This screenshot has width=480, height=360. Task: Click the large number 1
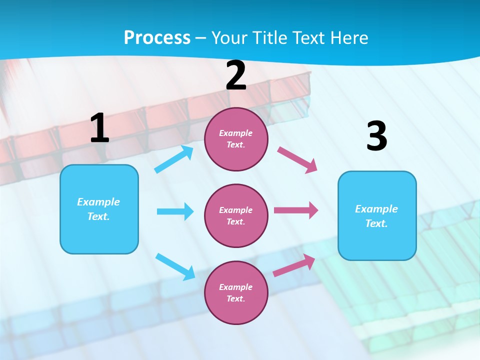(x=99, y=128)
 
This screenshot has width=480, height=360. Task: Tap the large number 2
(x=236, y=75)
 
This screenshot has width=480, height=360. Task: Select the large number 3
(x=376, y=136)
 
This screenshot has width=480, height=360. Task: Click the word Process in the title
(x=157, y=37)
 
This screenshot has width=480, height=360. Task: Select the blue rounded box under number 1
(x=99, y=209)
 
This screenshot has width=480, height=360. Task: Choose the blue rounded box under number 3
(x=377, y=215)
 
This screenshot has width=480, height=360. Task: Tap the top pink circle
(x=236, y=139)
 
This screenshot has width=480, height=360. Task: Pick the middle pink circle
(x=236, y=215)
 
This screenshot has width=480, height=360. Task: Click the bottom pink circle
(x=236, y=292)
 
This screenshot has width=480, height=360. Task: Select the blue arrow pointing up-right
(x=174, y=159)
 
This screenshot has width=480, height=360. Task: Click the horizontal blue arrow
(x=175, y=211)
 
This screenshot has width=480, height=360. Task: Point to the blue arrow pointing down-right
(x=175, y=266)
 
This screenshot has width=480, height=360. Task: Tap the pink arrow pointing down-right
(x=297, y=159)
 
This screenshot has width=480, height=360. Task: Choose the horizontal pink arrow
(x=295, y=210)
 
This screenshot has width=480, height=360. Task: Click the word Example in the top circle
(x=236, y=133)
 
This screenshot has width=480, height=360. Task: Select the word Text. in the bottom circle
(x=236, y=298)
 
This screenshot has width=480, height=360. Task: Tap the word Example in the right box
(x=376, y=209)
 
